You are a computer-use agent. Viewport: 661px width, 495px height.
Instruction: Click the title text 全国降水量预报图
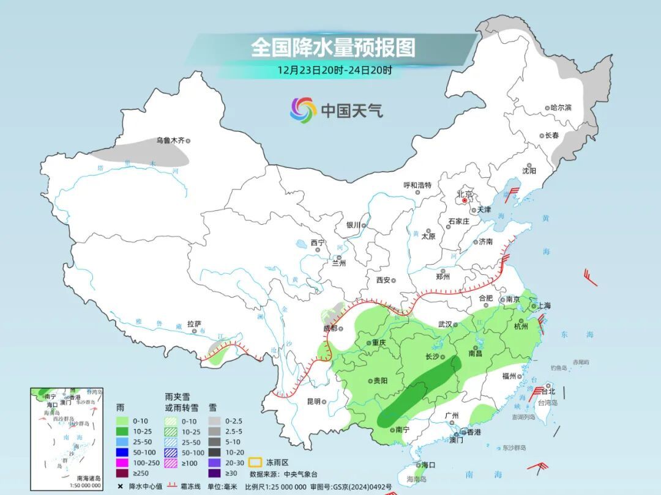pos(333,47)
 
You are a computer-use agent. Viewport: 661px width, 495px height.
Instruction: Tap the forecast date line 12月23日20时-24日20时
pos(334,70)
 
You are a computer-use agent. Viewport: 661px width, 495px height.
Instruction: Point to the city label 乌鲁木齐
pos(170,141)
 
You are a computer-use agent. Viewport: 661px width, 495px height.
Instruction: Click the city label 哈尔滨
pos(560,108)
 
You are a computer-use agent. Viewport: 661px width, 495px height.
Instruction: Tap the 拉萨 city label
pos(194,324)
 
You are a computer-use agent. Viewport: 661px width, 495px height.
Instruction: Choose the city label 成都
pos(330,328)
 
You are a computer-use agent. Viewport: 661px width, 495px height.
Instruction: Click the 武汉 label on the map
pos(445,324)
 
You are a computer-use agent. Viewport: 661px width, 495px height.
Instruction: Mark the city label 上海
pos(543,306)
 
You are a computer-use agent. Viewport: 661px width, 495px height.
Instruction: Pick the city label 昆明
pos(313,402)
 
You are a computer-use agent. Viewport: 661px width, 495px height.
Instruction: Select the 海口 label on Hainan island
pos(428,465)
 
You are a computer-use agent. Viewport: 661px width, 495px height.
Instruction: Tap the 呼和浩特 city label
pos(417,185)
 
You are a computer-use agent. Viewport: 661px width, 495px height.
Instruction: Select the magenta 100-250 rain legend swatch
pos(124,462)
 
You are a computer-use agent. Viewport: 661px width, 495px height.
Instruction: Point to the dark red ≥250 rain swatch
pos(124,472)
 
